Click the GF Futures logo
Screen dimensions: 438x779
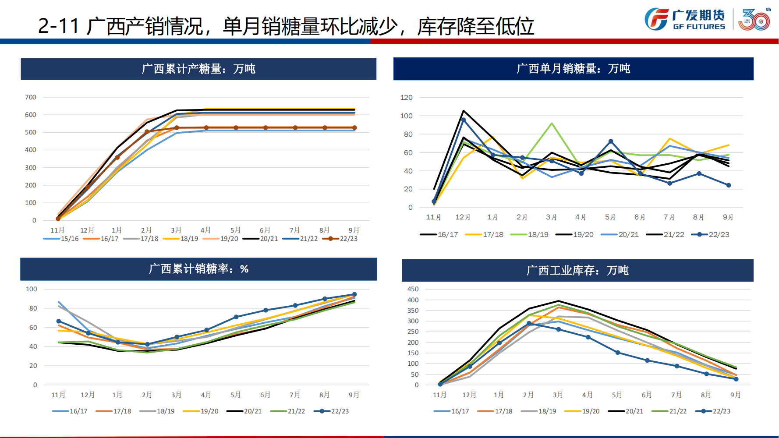pyautogui.click(x=684, y=20)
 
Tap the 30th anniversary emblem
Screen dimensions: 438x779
pyautogui.click(x=754, y=20)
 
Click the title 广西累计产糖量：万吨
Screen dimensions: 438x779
pyautogui.click(x=198, y=69)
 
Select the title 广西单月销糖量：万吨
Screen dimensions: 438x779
pyautogui.click(x=573, y=68)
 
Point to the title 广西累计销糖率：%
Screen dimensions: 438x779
pyautogui.click(x=198, y=269)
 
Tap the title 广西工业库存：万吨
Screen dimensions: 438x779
pyautogui.click(x=577, y=270)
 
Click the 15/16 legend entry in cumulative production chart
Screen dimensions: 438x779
pyautogui.click(x=61, y=239)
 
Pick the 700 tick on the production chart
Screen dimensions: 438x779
pyautogui.click(x=31, y=97)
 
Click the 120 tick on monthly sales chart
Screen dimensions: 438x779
pyautogui.click(x=406, y=97)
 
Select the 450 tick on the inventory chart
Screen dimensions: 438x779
pyautogui.click(x=413, y=289)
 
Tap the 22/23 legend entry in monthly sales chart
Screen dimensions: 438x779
pyautogui.click(x=710, y=235)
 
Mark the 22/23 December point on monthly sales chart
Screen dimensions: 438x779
pyautogui.click(x=464, y=120)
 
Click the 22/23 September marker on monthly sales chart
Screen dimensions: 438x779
pyautogui.click(x=729, y=185)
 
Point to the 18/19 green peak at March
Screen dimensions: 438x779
pyautogui.click(x=552, y=124)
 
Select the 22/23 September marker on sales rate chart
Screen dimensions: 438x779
pyautogui.click(x=354, y=294)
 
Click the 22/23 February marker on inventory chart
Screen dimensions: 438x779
pyautogui.click(x=529, y=323)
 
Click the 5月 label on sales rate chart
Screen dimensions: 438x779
pyautogui.click(x=235, y=395)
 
